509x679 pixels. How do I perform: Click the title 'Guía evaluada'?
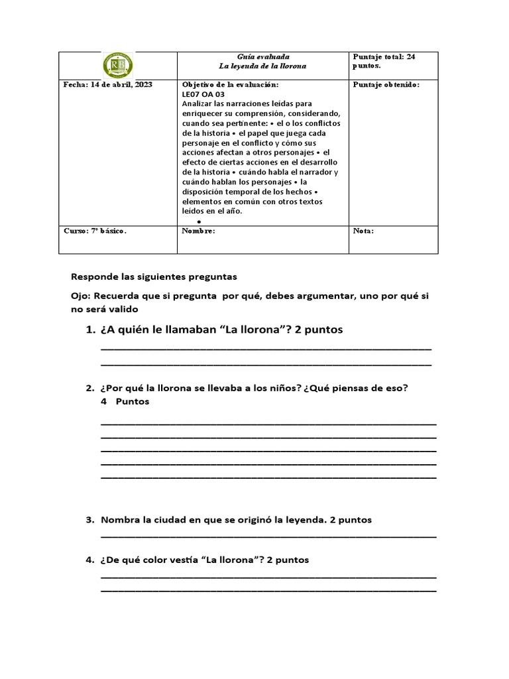click(262, 57)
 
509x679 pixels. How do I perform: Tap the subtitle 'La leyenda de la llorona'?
click(262, 66)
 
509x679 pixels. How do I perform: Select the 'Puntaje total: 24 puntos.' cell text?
click(384, 62)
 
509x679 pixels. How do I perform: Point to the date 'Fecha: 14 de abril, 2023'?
click(107, 85)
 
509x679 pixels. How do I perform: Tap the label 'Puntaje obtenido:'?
click(386, 85)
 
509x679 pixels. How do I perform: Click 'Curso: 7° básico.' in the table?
click(95, 231)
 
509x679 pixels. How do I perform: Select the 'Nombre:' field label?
click(198, 231)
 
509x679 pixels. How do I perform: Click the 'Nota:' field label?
click(363, 231)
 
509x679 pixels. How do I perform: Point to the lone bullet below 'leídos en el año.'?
click(199, 221)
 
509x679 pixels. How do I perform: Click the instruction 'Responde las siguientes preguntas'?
click(154, 277)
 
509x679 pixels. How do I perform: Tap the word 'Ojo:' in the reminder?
click(82, 296)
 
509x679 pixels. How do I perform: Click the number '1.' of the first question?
click(89, 330)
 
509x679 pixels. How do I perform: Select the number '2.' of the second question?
click(90, 388)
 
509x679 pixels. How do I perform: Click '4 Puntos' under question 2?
click(125, 401)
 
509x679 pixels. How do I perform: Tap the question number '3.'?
click(90, 520)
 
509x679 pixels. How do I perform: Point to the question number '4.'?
click(90, 560)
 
